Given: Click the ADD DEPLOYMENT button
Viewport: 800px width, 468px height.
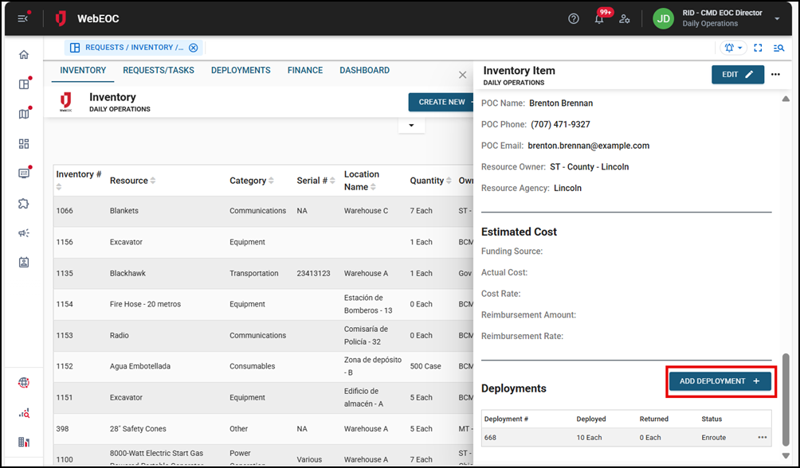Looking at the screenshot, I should (x=720, y=381).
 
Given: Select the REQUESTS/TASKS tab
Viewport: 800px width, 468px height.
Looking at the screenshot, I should (x=159, y=71).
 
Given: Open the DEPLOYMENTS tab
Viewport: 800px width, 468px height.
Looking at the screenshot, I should (x=241, y=71).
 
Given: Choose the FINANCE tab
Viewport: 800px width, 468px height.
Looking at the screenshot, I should (x=305, y=71).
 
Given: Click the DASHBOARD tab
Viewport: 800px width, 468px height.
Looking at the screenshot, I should (x=364, y=71).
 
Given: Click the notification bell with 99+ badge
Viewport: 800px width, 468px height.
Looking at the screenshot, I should (x=599, y=19).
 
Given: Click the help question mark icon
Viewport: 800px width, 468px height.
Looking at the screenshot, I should (x=574, y=19).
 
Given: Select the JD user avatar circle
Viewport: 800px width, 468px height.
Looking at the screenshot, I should (x=663, y=19).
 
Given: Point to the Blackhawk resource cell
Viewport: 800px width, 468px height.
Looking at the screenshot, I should (x=127, y=273).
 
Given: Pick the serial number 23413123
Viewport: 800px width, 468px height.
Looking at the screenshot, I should (x=313, y=273).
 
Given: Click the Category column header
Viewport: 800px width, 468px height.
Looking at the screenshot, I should (x=248, y=181).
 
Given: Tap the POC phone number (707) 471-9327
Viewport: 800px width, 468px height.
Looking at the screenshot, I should (x=560, y=124).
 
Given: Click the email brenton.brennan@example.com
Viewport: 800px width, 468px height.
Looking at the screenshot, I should (x=588, y=146).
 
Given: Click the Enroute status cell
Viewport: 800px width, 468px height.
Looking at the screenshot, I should (x=713, y=437).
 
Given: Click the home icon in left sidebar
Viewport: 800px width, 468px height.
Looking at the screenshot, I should (x=24, y=55).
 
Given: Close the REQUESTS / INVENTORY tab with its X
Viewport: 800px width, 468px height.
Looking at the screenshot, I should (x=194, y=48).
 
